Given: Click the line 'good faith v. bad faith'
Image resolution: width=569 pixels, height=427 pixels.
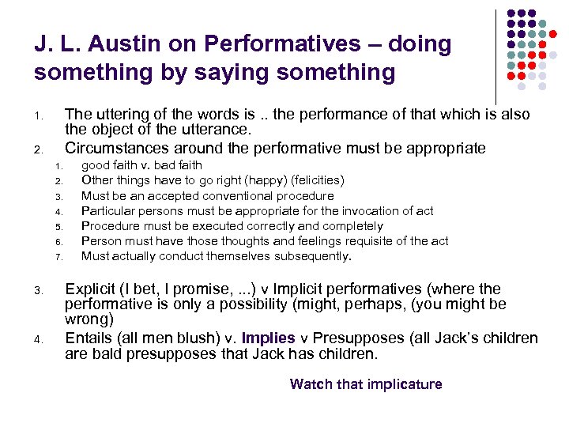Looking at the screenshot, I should [141, 165].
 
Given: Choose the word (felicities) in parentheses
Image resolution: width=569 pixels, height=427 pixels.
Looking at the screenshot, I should [314, 180].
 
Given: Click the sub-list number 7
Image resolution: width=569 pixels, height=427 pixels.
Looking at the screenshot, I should [58, 257].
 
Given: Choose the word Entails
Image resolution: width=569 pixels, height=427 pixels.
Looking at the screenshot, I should [89, 338].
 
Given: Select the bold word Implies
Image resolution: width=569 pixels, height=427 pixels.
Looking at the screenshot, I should [268, 338].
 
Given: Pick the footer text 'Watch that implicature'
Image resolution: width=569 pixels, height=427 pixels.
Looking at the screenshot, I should [366, 384].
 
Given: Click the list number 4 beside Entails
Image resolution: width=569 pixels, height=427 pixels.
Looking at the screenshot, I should [38, 340].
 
